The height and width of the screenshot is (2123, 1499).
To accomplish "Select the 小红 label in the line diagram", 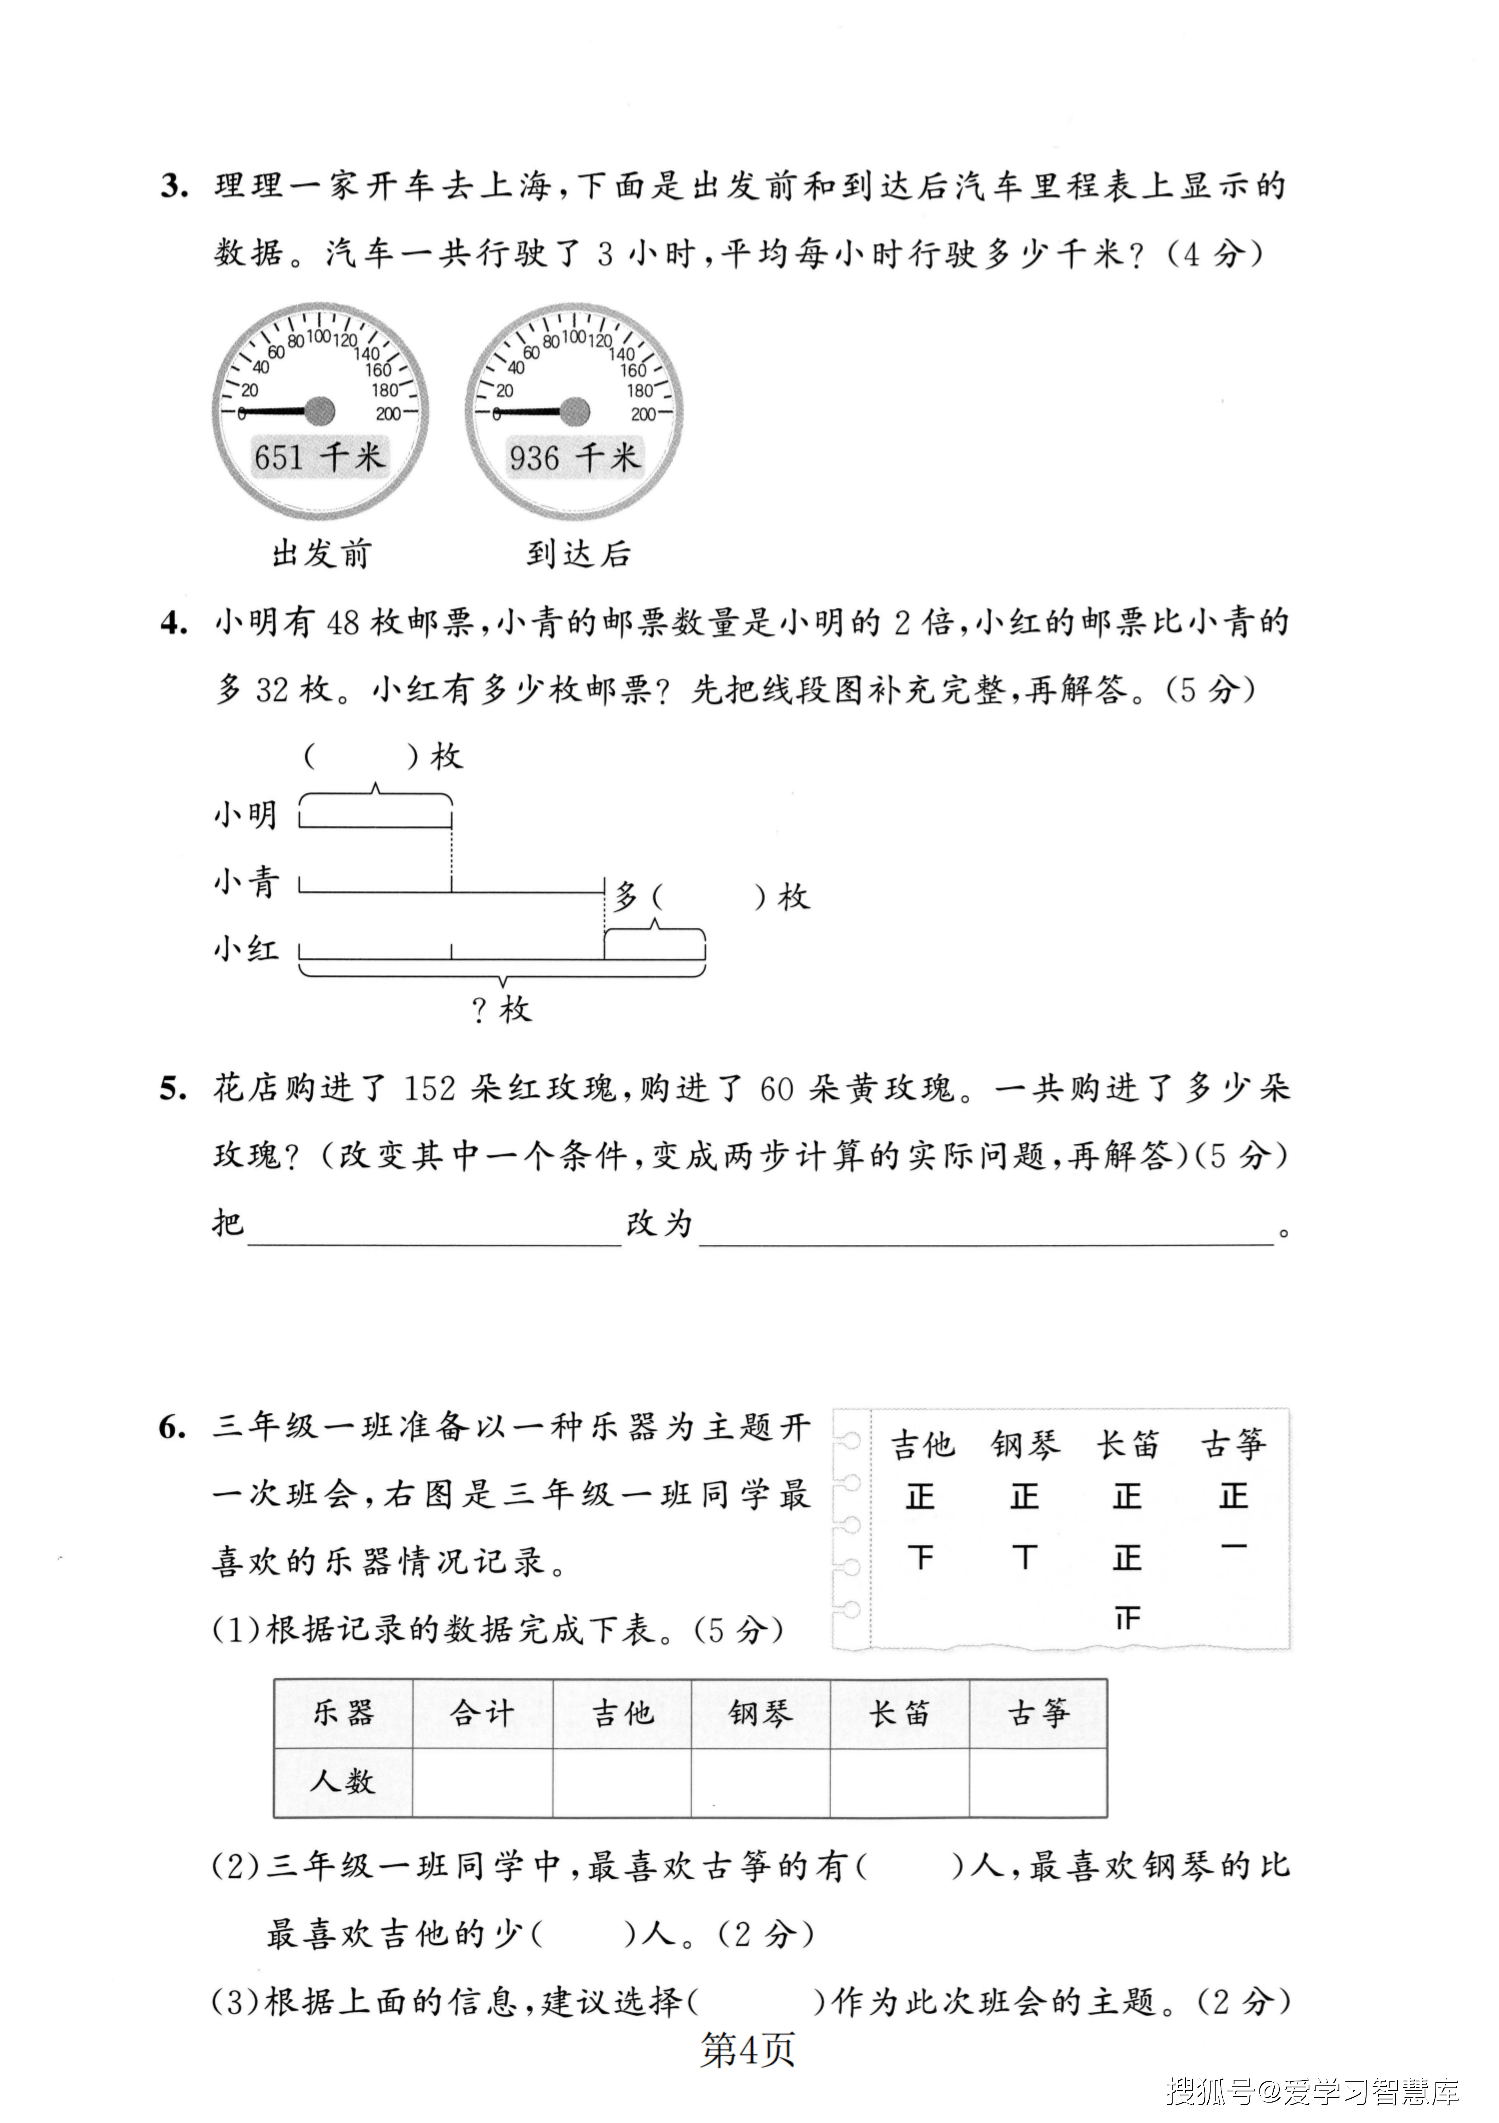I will point(246,949).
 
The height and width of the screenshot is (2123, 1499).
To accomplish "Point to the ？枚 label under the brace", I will point(502,1010).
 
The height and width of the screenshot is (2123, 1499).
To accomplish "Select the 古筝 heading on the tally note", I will point(1233,1444).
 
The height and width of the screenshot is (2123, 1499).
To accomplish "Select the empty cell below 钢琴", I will point(760,1782).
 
